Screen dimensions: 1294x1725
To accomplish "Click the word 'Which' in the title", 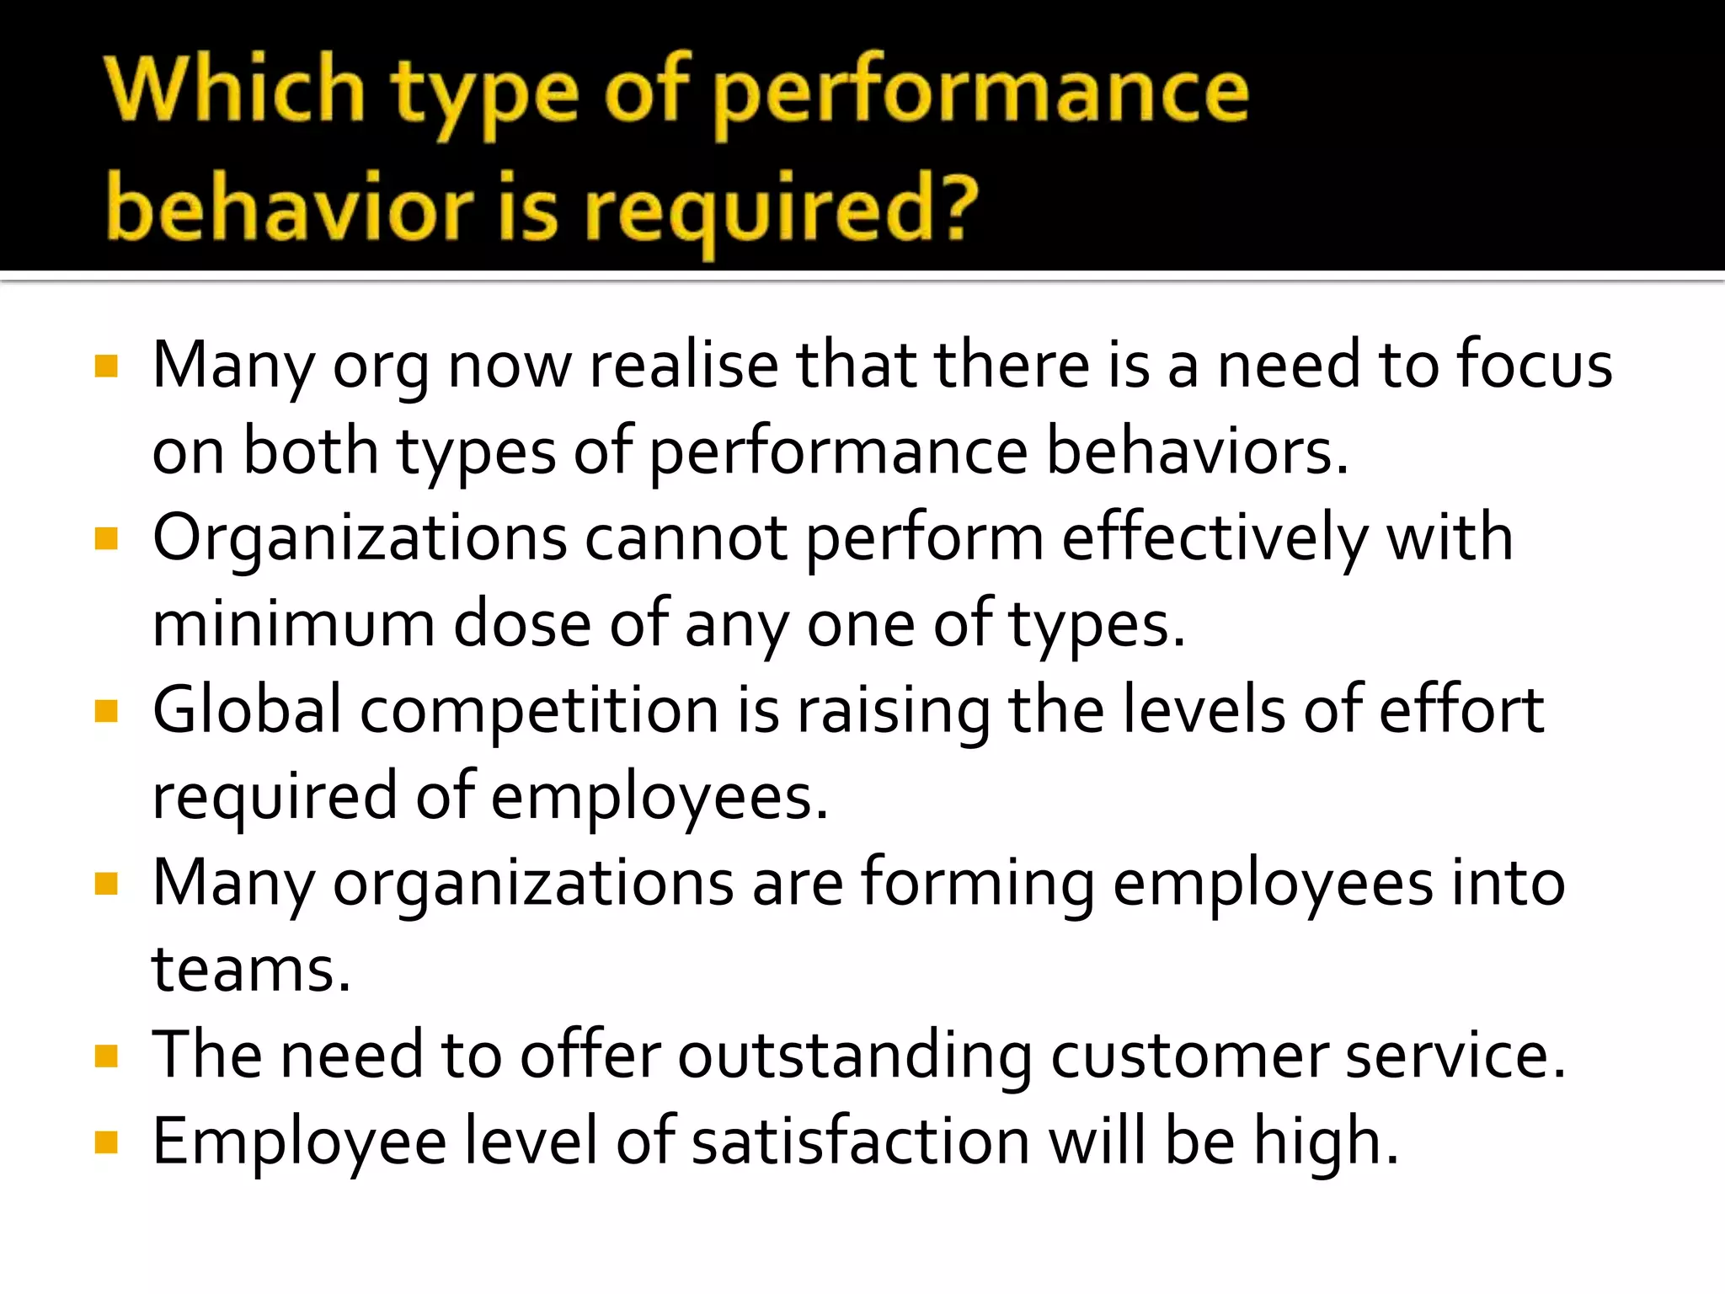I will tap(235, 90).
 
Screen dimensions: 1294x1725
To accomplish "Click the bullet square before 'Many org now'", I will tap(106, 366).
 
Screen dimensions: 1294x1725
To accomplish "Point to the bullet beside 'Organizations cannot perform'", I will tap(106, 538).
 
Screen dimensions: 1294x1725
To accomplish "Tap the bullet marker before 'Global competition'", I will tap(106, 711).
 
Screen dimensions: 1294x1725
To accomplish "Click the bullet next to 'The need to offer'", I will tap(106, 1056).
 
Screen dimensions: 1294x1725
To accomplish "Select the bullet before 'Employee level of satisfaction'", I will tap(106, 1142).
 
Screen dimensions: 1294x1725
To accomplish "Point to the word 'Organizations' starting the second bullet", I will tap(360, 538).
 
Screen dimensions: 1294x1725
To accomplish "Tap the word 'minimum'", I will tap(293, 625).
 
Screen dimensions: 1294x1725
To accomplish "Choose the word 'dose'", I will tap(522, 625).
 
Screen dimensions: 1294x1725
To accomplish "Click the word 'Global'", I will tap(247, 710).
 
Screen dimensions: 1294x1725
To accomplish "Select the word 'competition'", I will tap(539, 712).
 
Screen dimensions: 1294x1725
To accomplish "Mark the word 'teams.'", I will tap(251, 970).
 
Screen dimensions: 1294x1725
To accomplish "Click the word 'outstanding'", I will tap(854, 1056).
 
